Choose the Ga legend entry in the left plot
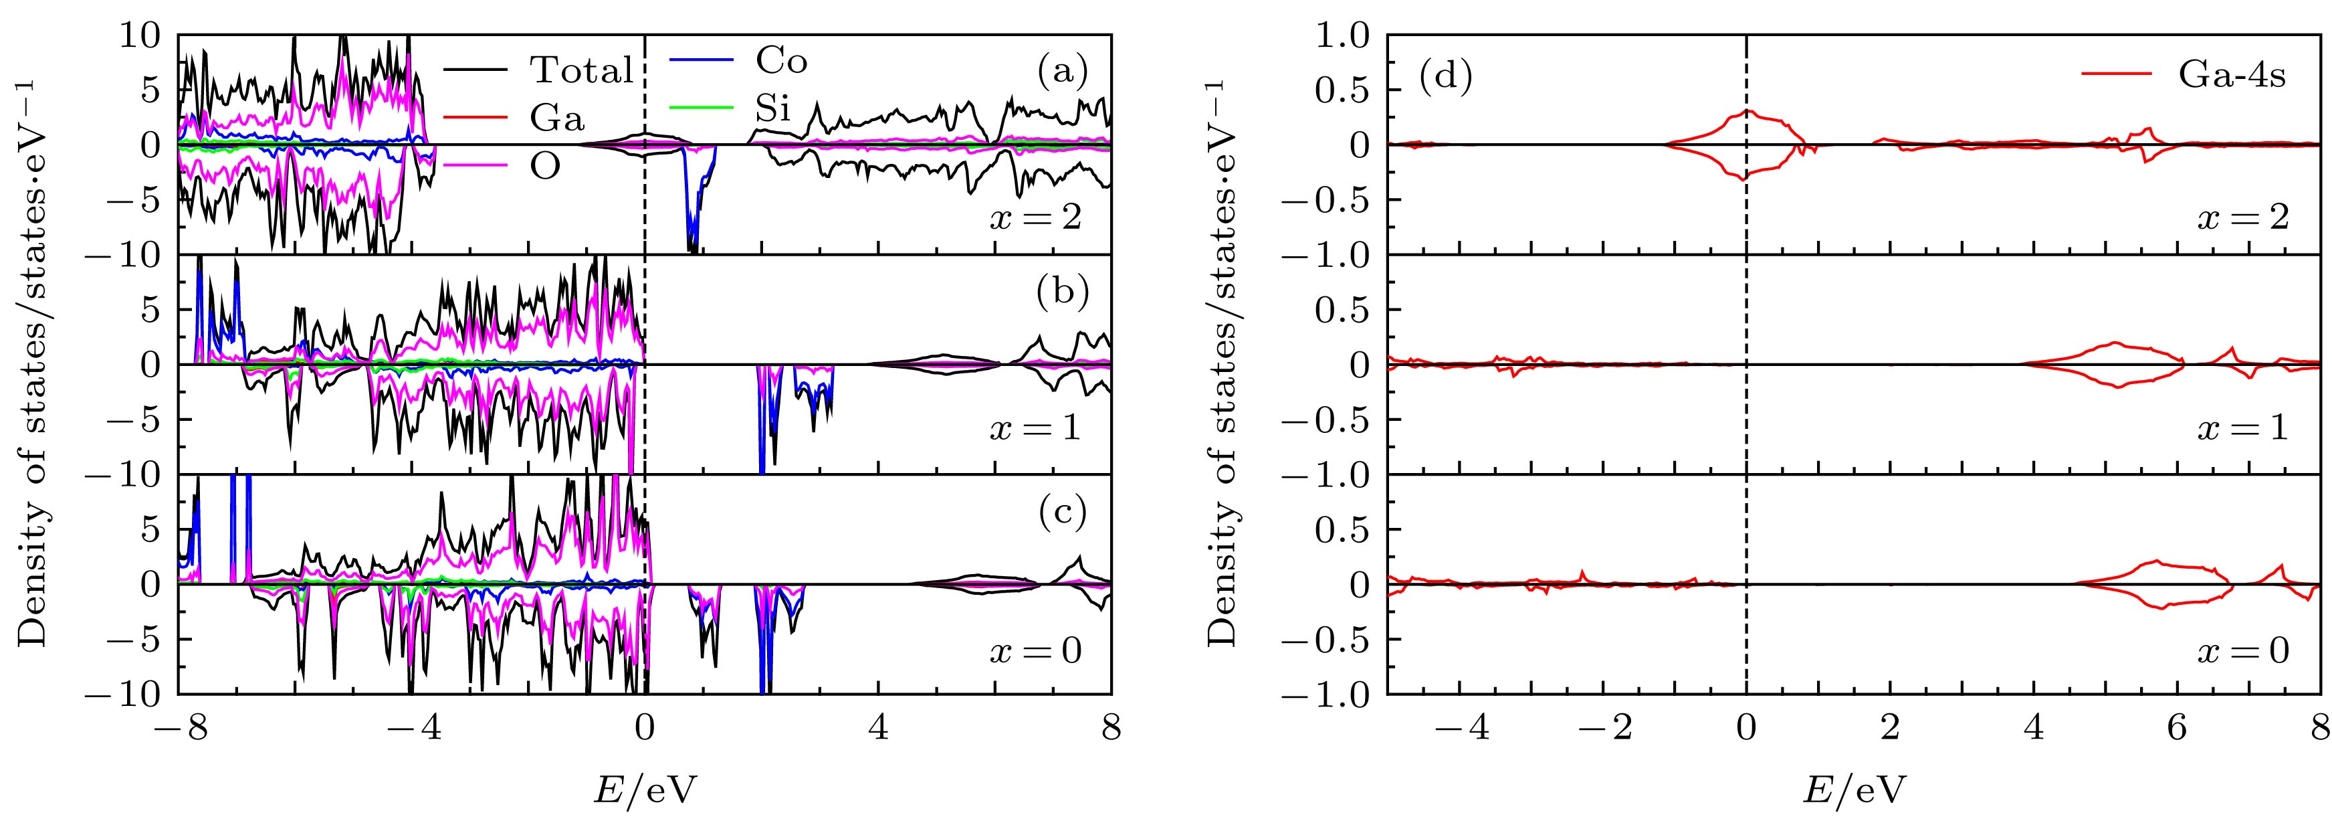(556, 118)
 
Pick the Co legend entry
(780, 61)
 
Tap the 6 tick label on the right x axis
(2178, 729)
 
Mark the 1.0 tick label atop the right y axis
(1342, 36)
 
